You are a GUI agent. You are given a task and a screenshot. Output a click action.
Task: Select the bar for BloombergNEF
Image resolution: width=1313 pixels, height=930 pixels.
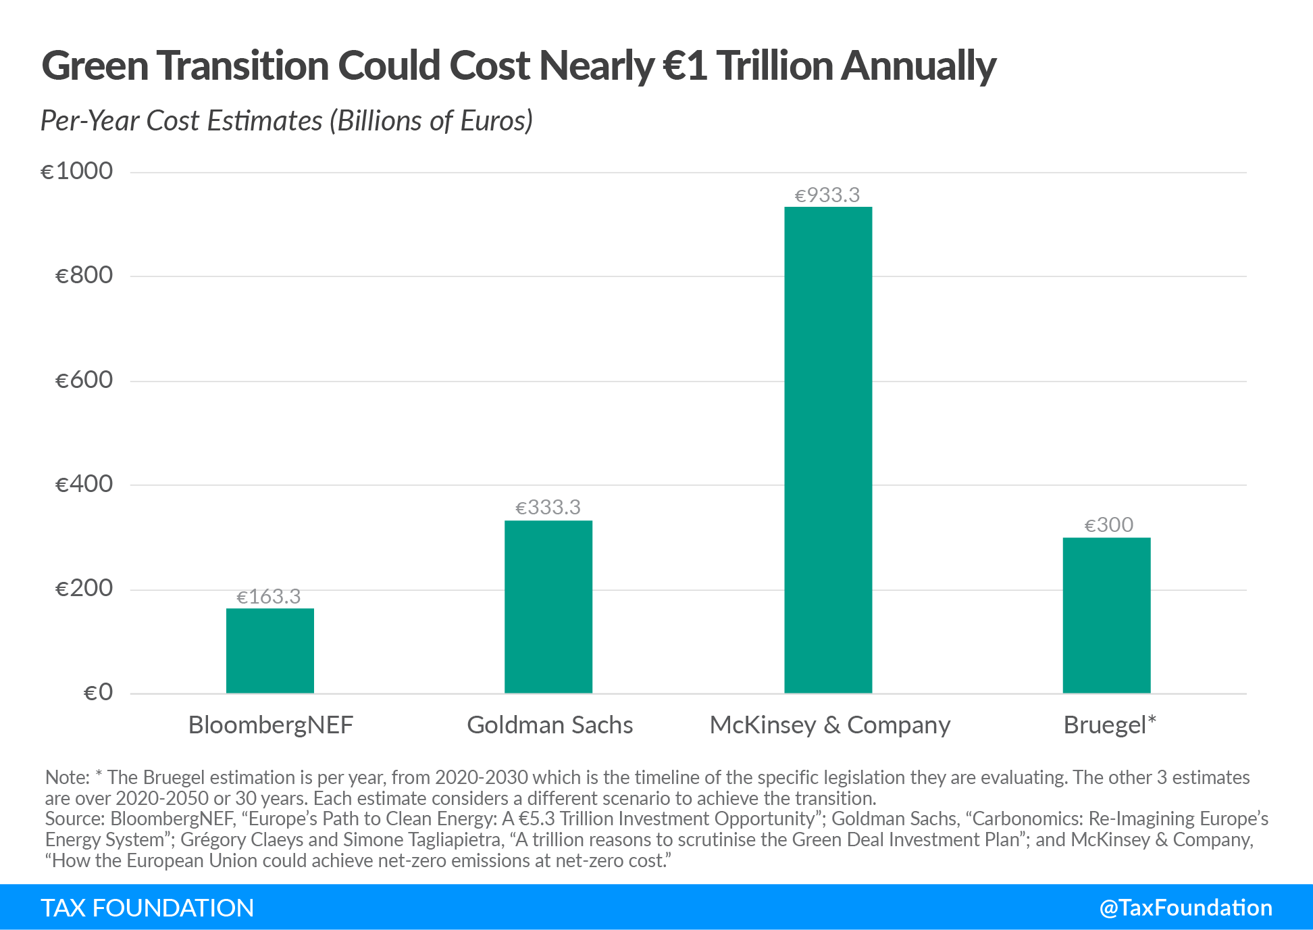269,650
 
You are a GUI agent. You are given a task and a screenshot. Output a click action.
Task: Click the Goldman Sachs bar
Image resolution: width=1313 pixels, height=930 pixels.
548,606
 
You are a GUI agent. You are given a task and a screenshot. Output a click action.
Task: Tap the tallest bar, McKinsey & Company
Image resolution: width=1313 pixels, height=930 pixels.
828,449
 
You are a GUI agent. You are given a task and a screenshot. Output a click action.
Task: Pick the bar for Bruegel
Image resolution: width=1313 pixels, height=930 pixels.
1106,615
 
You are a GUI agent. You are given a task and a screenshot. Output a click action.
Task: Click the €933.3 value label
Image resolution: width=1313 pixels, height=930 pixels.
827,195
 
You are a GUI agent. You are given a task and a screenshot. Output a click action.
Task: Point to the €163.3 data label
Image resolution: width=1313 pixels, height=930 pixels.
269,597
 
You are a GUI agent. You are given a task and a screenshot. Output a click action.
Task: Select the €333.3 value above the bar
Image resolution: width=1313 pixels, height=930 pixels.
548,508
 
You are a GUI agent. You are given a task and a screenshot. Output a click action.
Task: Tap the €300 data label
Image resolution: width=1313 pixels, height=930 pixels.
1108,525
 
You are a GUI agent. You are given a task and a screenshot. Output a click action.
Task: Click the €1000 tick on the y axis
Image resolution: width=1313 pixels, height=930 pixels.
77,171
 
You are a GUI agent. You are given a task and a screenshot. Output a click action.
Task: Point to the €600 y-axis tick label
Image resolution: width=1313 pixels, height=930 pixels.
84,380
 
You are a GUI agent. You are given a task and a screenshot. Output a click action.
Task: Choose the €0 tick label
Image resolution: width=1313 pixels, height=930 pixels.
98,692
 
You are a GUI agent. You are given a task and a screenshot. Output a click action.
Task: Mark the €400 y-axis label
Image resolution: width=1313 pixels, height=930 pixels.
84,484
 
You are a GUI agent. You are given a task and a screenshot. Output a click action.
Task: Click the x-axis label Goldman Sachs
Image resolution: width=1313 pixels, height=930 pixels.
550,725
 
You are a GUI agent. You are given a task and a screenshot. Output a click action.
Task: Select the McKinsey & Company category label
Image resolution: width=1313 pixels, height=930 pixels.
830,725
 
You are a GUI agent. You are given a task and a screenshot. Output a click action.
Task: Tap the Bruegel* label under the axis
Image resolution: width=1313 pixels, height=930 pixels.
1110,725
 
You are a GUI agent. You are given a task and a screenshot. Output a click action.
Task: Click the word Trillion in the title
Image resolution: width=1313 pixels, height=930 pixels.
774,66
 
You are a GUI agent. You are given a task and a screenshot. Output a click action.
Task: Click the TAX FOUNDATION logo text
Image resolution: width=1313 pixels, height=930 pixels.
147,908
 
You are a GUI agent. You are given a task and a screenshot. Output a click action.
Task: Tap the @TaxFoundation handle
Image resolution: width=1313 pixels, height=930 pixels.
1185,908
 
